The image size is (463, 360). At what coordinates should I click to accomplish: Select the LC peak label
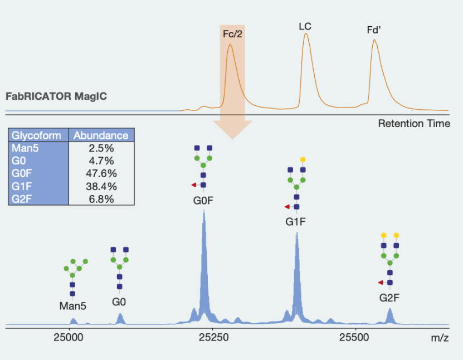pyautogui.click(x=305, y=26)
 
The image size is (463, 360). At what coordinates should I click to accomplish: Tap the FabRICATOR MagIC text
pyautogui.click(x=56, y=96)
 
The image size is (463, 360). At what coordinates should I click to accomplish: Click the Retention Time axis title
pyautogui.click(x=414, y=124)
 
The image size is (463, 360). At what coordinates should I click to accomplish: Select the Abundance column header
pyautogui.click(x=101, y=135)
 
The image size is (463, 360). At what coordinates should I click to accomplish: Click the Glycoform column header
pyautogui.click(x=37, y=135)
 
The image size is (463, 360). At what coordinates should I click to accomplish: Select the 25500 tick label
pyautogui.click(x=355, y=338)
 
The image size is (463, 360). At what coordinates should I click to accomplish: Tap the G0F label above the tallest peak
pyautogui.click(x=203, y=201)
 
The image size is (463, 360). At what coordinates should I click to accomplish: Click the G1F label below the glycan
pyautogui.click(x=296, y=221)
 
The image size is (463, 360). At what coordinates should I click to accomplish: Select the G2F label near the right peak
pyautogui.click(x=389, y=298)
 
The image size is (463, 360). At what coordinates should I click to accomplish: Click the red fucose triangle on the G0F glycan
pyautogui.click(x=193, y=185)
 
